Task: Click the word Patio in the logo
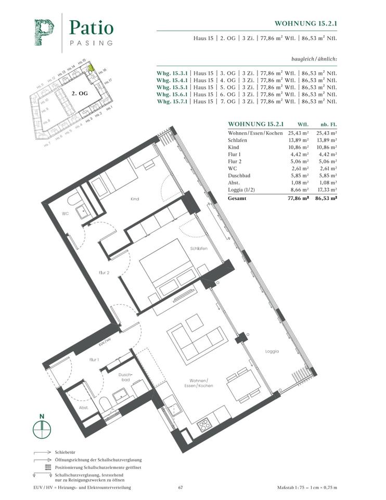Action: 91,27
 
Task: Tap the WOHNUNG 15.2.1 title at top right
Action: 305,23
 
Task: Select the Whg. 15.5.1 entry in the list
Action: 172,88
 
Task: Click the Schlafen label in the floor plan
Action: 199,248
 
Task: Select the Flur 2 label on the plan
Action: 104,272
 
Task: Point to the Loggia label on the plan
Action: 271,351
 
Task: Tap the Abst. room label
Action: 83,408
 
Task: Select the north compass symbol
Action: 42,429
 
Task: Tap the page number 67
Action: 181,488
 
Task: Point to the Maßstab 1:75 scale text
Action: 307,488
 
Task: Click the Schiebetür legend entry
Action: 66,453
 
